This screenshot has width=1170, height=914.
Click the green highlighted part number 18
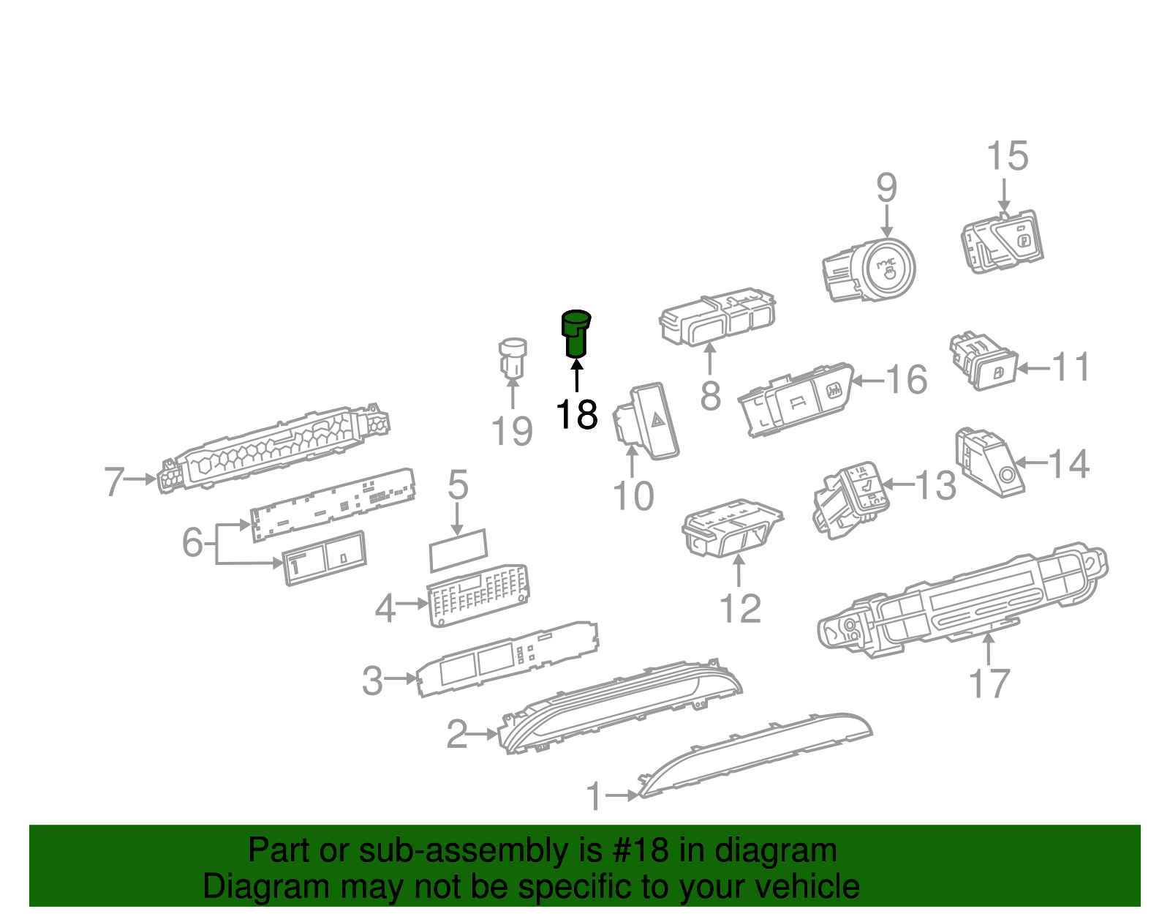click(x=575, y=334)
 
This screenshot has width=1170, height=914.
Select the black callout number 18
click(x=577, y=415)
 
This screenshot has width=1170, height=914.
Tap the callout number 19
click(x=512, y=431)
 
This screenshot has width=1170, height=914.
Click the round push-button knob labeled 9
click(x=887, y=269)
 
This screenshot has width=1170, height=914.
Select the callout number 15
click(x=1007, y=157)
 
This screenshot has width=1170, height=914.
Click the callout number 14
click(x=1069, y=464)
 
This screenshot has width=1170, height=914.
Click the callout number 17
click(x=989, y=683)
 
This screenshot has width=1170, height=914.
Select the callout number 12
click(x=740, y=609)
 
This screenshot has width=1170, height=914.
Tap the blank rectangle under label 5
click(x=458, y=550)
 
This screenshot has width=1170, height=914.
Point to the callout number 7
click(x=113, y=482)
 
